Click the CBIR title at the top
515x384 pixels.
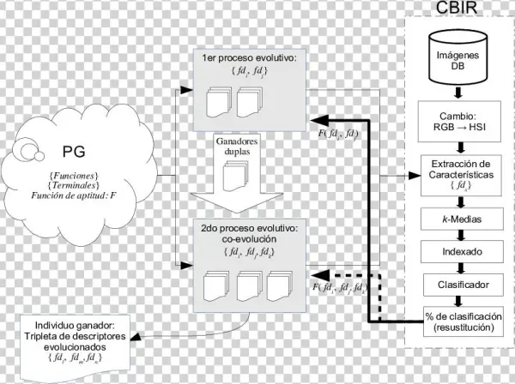coord(458,10)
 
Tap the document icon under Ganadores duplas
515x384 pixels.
coord(235,176)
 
